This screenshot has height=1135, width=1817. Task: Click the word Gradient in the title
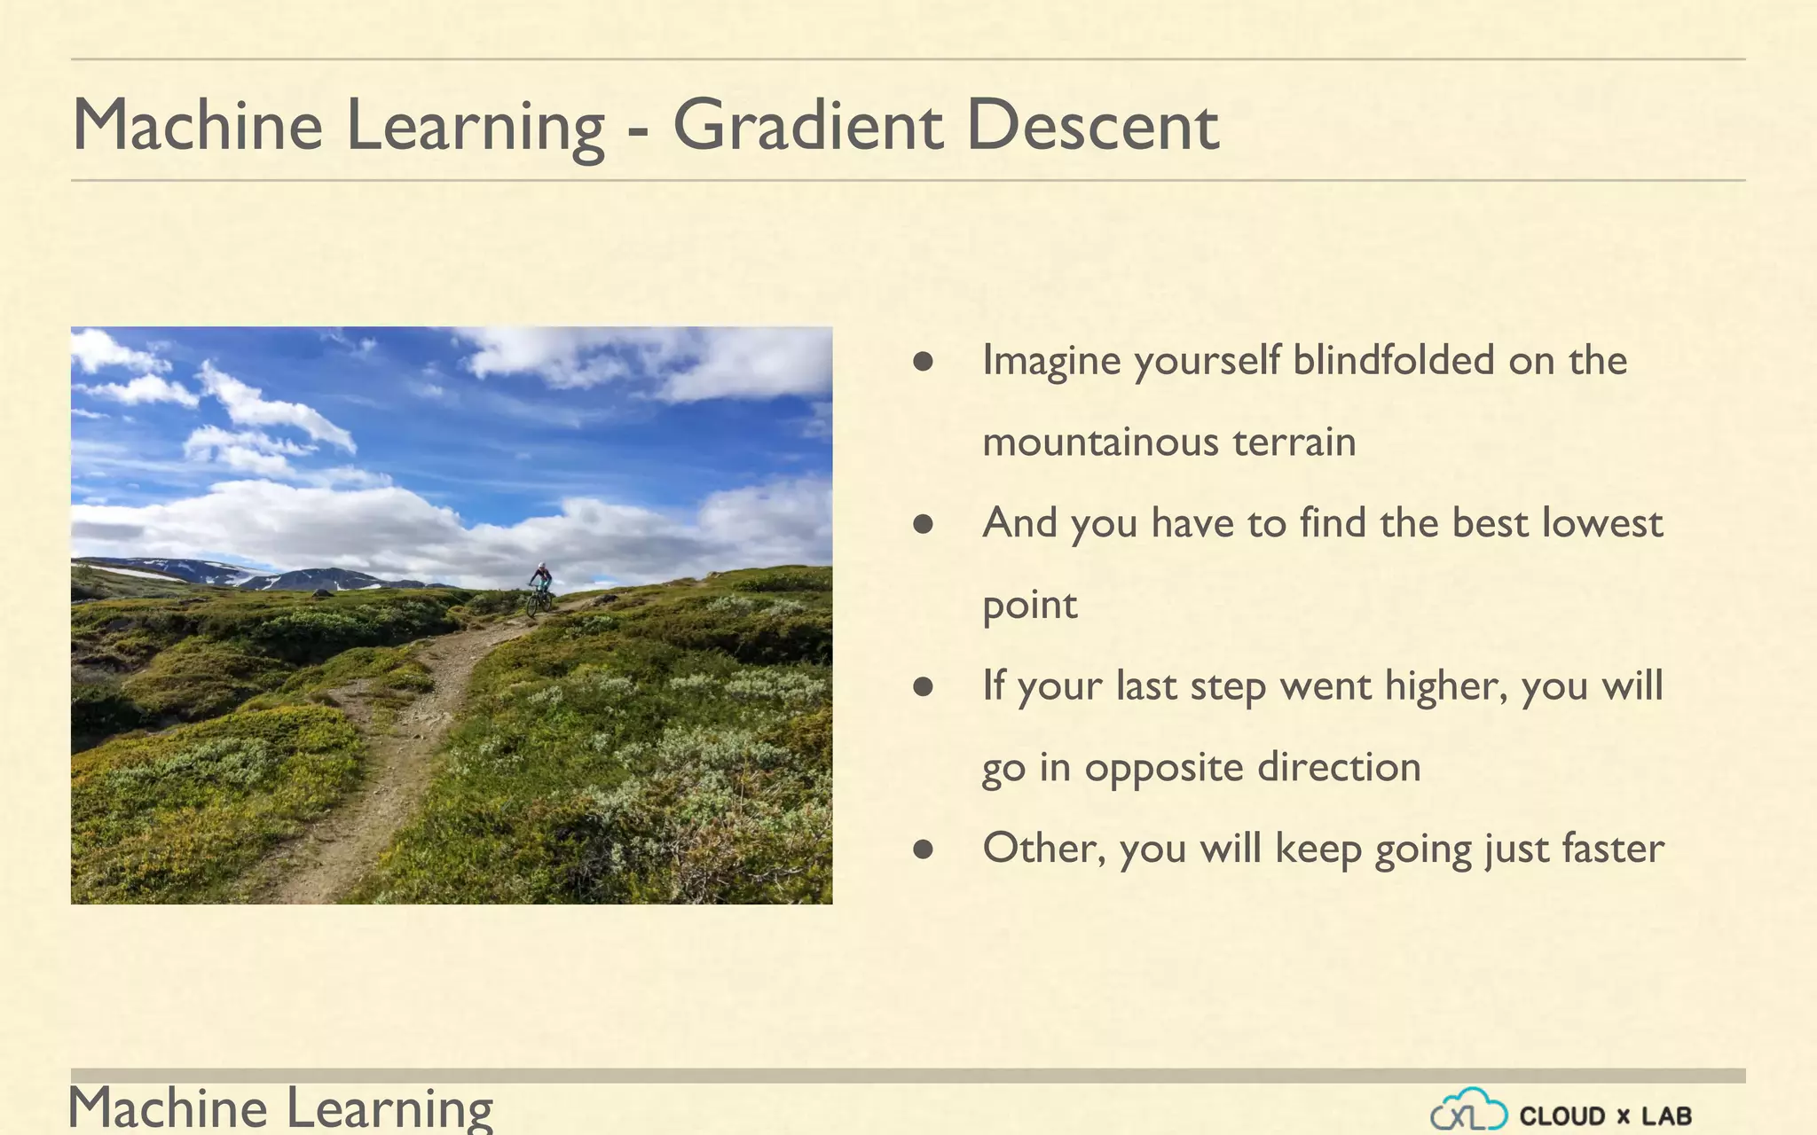click(x=806, y=126)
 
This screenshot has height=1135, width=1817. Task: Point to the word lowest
click(x=1601, y=523)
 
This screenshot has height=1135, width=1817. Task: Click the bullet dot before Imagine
click(x=923, y=361)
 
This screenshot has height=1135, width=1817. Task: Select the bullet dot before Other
click(x=923, y=849)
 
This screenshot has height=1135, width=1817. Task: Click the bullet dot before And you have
click(x=923, y=524)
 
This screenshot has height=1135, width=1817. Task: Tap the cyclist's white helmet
click(x=541, y=566)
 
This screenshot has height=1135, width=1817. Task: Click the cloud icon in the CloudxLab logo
click(x=1468, y=1110)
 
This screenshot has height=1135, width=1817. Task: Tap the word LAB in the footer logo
click(x=1666, y=1116)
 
